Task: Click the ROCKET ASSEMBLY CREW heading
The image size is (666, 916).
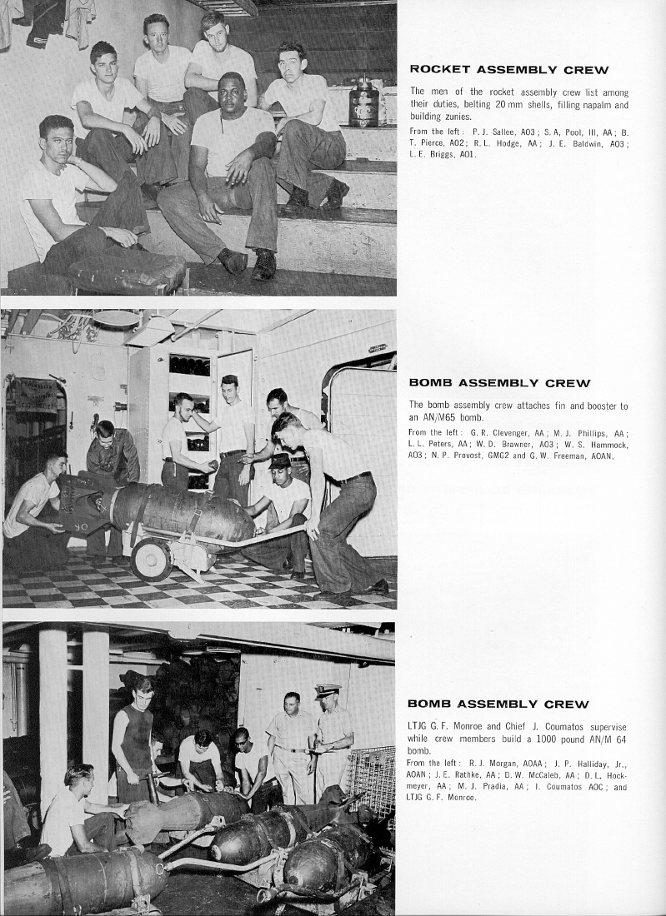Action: click(509, 70)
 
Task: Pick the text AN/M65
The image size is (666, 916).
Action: click(440, 417)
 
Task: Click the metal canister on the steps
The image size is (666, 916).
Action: click(363, 105)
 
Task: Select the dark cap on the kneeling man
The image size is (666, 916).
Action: click(280, 460)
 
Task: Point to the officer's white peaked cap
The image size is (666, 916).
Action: click(328, 690)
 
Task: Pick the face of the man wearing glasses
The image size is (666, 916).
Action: click(242, 738)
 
